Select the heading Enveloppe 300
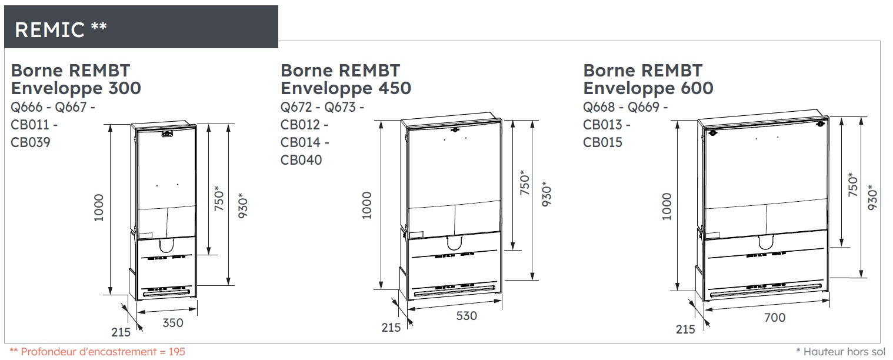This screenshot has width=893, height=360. tap(76, 88)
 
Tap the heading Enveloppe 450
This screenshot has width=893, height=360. tap(346, 88)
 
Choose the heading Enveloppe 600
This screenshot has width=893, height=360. tap(648, 88)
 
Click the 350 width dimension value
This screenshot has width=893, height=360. tap(173, 323)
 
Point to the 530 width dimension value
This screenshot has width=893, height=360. tap(467, 316)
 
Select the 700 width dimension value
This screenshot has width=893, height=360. tap(775, 318)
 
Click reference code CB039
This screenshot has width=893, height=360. tap(31, 142)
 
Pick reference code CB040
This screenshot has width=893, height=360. tap(301, 160)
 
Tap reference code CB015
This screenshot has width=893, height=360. tap(602, 142)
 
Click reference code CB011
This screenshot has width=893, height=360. tap(31, 125)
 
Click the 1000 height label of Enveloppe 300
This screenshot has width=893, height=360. tap(99, 208)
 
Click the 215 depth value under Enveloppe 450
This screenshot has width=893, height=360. tap(391, 328)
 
